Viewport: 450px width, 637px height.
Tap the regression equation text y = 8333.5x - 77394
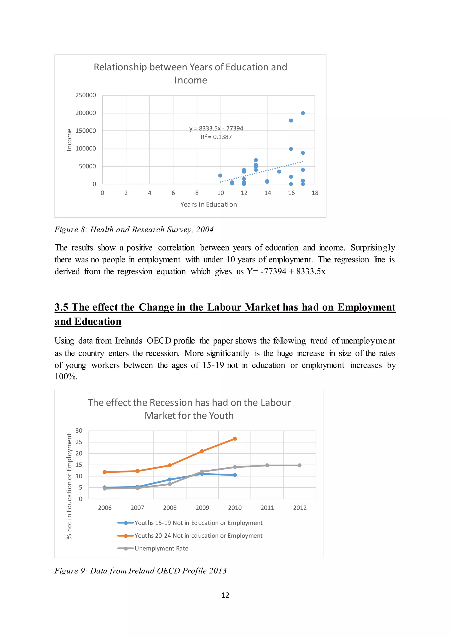point(216,128)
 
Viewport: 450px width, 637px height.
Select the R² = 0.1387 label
point(216,137)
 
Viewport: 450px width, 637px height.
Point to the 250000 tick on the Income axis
point(86,95)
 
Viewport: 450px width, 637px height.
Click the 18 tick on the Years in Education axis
point(315,193)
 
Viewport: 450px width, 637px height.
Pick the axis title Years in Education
point(209,205)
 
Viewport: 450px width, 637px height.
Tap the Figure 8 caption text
point(134,229)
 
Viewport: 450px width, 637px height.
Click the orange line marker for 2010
point(235,439)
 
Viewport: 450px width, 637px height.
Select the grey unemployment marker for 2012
point(299,465)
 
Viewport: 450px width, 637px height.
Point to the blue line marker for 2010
point(235,475)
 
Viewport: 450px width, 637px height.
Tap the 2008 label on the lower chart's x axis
point(170,508)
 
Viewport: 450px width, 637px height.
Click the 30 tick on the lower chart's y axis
point(79,431)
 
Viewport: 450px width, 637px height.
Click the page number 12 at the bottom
point(225,595)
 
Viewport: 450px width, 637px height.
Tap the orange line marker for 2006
point(104,472)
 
